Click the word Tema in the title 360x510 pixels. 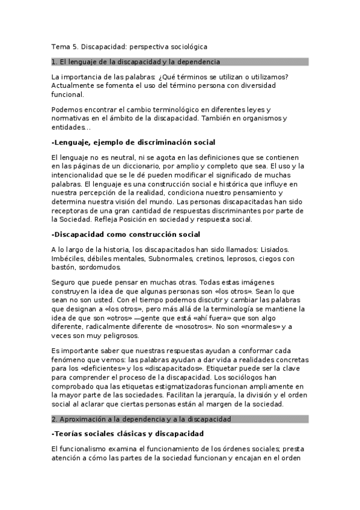coord(60,46)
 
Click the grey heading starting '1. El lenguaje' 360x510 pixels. coord(136,61)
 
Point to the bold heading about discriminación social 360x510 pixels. coord(133,143)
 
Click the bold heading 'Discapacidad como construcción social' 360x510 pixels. coord(126,234)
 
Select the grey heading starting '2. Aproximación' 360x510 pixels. coord(141,419)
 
